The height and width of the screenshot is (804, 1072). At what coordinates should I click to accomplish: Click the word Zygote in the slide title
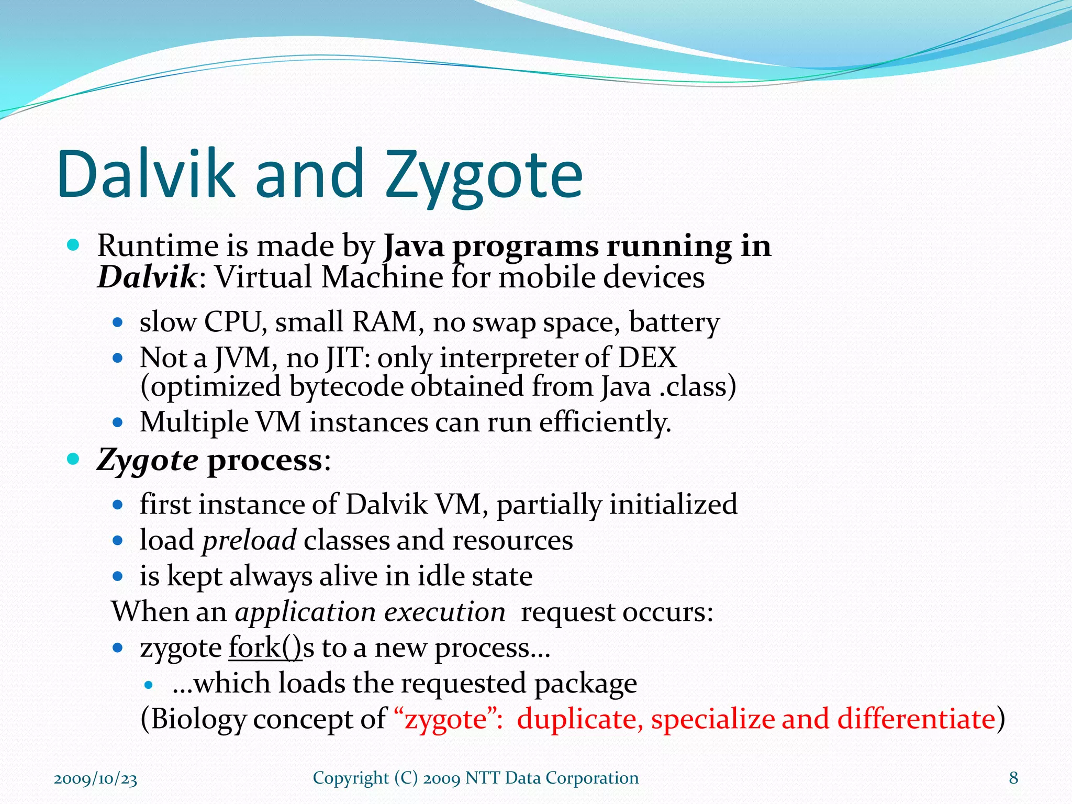click(x=484, y=175)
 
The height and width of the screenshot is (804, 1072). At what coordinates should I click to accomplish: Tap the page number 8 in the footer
click(x=1013, y=778)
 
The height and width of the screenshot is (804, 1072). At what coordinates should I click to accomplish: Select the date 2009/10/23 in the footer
click(x=95, y=779)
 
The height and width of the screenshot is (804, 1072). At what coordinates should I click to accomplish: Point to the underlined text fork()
click(x=265, y=648)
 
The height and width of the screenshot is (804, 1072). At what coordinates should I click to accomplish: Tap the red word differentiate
click(x=916, y=719)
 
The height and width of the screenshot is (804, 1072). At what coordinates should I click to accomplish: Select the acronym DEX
click(x=647, y=358)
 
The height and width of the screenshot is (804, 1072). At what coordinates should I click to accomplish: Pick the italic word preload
click(x=249, y=541)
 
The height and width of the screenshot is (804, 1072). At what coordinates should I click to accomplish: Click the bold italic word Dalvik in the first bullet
click(x=147, y=277)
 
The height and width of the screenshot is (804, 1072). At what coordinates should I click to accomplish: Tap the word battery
click(x=674, y=322)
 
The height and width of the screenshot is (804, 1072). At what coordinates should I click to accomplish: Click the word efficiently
click(x=605, y=422)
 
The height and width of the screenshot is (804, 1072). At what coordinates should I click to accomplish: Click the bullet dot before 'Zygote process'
click(x=73, y=460)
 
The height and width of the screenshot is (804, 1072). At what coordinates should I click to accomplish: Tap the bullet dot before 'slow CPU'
click(x=118, y=322)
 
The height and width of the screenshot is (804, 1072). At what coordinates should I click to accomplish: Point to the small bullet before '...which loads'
click(x=149, y=685)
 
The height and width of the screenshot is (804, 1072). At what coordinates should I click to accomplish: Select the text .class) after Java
click(x=697, y=387)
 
